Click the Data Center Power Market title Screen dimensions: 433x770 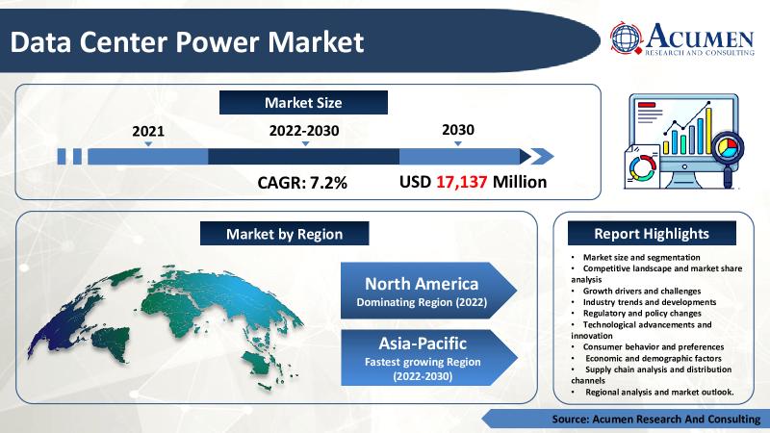pos(188,42)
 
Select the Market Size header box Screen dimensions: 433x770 pos(303,102)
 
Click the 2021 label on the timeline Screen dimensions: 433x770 pos(147,130)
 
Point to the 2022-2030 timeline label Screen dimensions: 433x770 pos(304,130)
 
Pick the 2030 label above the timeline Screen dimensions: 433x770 pos(457,129)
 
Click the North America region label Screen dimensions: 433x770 pos(421,284)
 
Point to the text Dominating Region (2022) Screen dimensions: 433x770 pos(421,303)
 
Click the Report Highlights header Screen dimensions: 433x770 pos(652,234)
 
